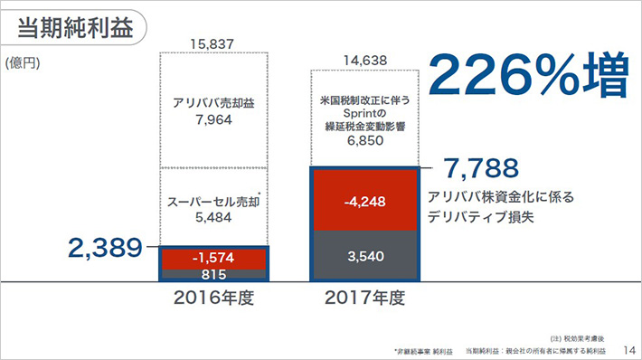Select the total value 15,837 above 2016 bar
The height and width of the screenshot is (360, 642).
(x=212, y=43)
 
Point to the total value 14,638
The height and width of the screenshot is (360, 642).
(x=365, y=61)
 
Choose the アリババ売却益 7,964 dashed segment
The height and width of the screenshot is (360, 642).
(x=213, y=110)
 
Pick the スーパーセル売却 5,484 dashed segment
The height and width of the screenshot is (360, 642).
(x=213, y=206)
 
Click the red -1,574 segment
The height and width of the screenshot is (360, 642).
(x=213, y=258)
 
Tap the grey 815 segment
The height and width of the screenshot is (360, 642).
(x=213, y=274)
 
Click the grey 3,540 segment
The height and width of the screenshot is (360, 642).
(x=365, y=256)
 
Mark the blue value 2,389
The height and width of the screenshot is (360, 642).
(x=106, y=247)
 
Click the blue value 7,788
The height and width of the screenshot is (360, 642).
(x=479, y=168)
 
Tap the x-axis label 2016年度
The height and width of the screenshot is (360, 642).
(x=213, y=297)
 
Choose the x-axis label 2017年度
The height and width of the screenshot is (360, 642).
(x=365, y=297)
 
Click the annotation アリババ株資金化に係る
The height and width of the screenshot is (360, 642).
(x=501, y=196)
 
